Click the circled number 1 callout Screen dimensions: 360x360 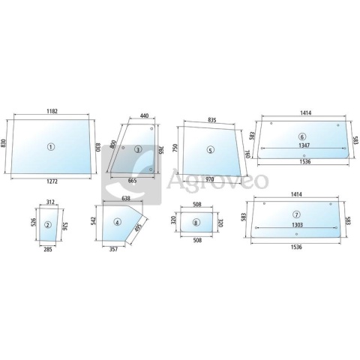(51, 147)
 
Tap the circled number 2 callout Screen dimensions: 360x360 (48, 225)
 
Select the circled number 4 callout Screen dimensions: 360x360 (117, 222)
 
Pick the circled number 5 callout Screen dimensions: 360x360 (211, 150)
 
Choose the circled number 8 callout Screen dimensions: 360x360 (196, 223)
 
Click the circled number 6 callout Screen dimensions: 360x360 (302, 136)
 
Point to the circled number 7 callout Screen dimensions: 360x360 (297, 214)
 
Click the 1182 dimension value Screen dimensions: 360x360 (52, 111)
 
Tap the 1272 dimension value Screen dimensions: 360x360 (52, 181)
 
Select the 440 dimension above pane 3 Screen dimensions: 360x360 (145, 115)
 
